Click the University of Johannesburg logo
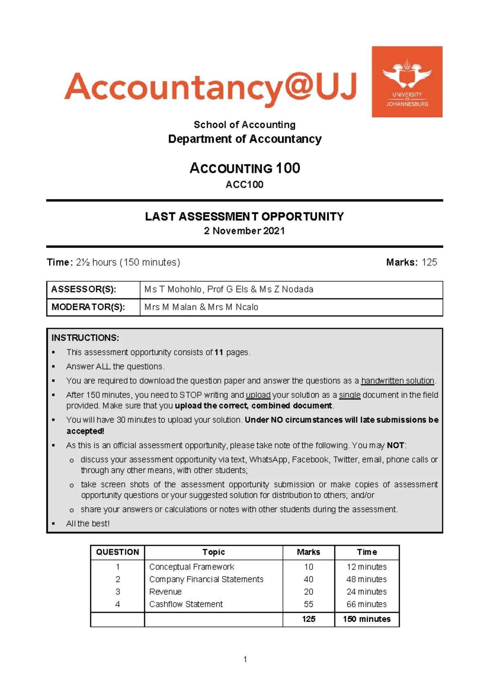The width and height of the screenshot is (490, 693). coord(407,82)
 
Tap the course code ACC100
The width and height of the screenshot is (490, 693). coord(244,185)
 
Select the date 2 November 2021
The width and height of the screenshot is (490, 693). coord(244,231)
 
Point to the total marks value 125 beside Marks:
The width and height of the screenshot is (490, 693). coord(429,262)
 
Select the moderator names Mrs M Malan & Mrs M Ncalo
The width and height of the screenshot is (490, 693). coord(201,307)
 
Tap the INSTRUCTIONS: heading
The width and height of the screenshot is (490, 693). coord(85,338)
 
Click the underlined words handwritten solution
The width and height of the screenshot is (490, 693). coord(397,381)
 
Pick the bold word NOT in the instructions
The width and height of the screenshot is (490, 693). coord(395,445)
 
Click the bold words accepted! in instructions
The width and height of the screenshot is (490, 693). coord(85,431)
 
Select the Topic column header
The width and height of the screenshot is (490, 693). coord(214,552)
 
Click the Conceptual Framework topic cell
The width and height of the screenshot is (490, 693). coord(192,567)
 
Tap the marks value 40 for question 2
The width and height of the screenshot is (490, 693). coord(308,579)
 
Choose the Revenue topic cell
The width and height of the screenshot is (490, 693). coord(165,592)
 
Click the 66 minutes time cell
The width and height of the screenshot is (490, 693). coord(366,604)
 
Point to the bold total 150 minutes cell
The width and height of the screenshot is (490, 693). coord(366,619)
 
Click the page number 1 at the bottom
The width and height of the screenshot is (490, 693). coord(245,659)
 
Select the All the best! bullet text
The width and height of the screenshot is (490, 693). coord(88,523)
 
